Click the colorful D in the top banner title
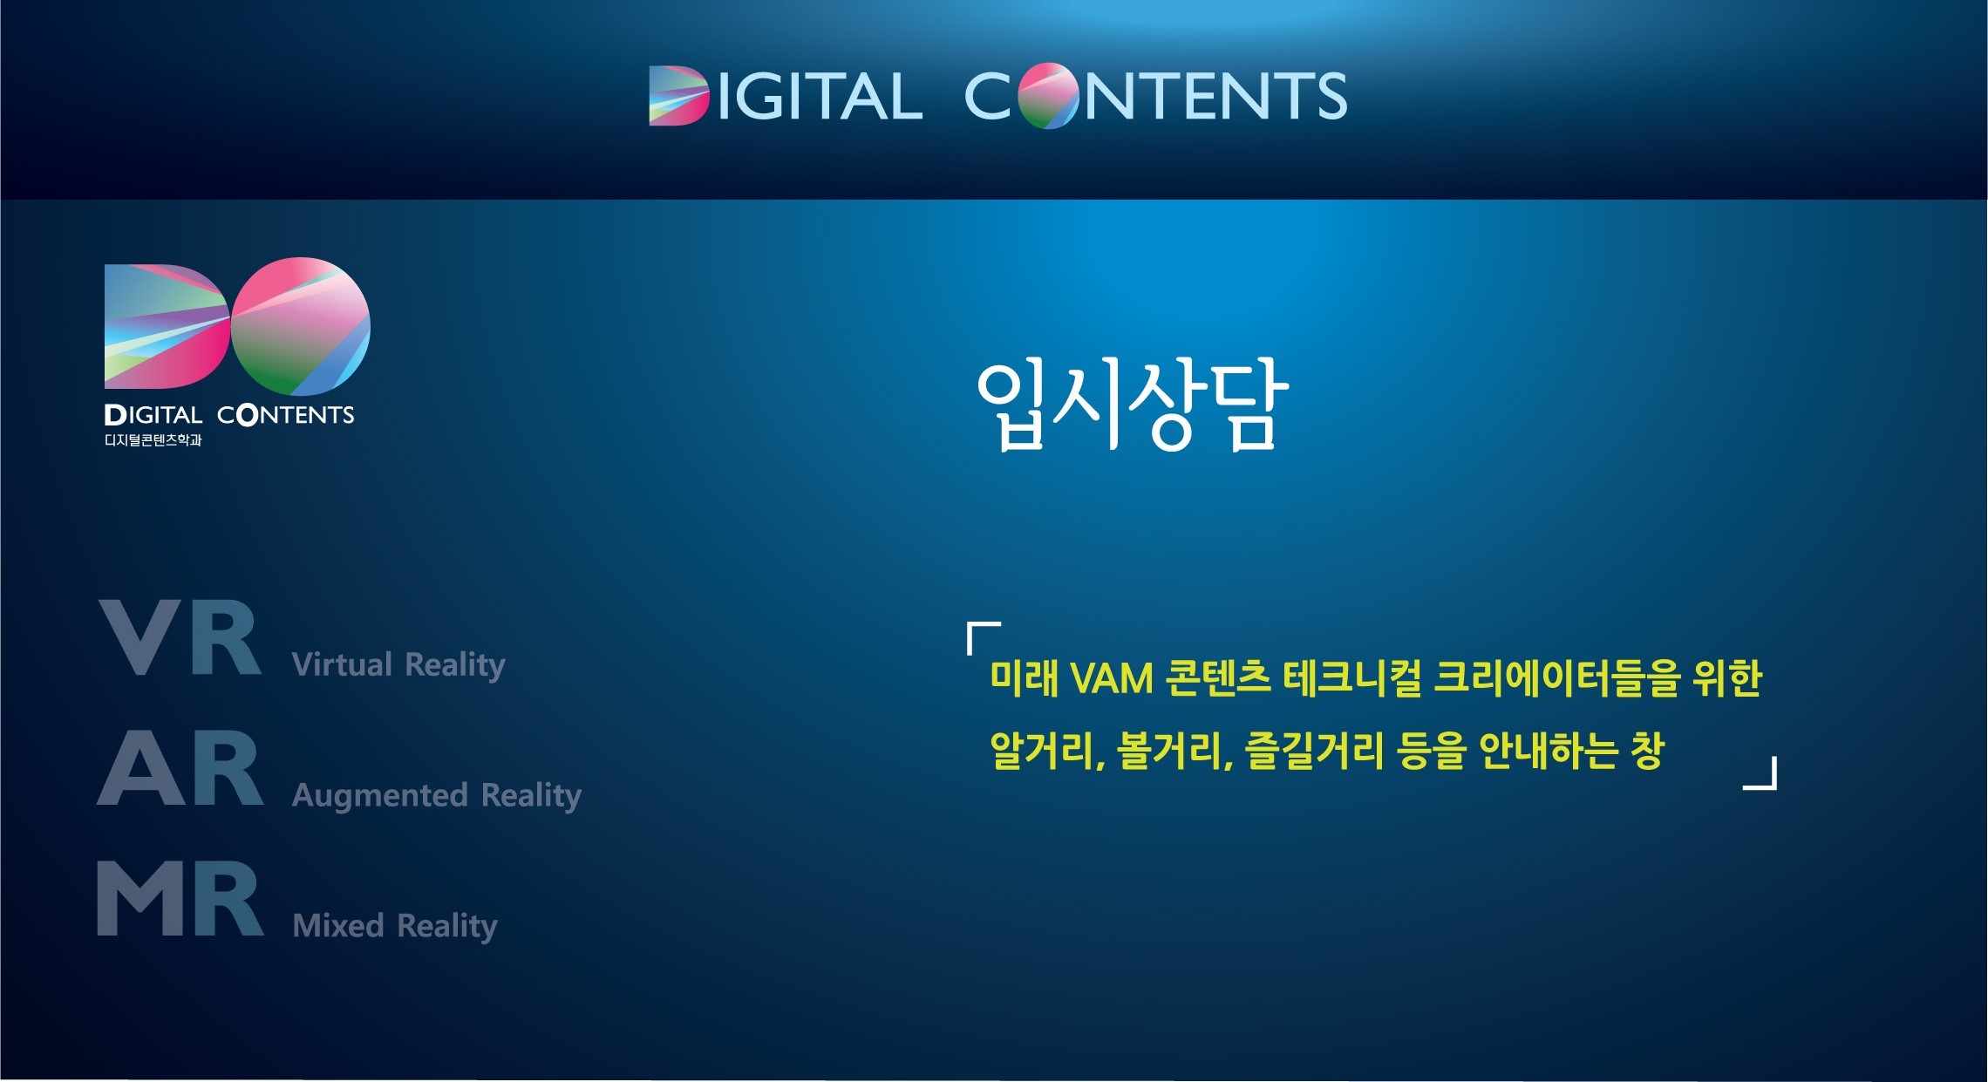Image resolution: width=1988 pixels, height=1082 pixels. pyautogui.click(x=678, y=96)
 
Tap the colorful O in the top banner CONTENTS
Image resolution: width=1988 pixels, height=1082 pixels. pyautogui.click(x=1048, y=96)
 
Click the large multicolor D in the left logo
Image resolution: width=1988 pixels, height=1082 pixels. pyautogui.click(x=167, y=326)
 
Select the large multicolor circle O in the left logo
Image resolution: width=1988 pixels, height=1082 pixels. pyautogui.click(x=301, y=326)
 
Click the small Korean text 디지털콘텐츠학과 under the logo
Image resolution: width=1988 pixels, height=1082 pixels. pyautogui.click(x=153, y=440)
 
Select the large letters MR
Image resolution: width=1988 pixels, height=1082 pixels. pyautogui.click(x=180, y=898)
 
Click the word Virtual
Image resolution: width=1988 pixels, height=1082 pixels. pyautogui.click(x=343, y=664)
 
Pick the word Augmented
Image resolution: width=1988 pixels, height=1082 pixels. pyautogui.click(x=380, y=796)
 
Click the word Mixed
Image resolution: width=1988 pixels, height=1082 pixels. pyautogui.click(x=338, y=925)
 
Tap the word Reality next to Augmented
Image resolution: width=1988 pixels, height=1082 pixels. pyautogui.click(x=531, y=796)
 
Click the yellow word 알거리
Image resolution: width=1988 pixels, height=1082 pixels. pyautogui.click(x=1047, y=751)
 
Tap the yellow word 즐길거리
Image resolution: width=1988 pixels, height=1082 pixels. pyautogui.click(x=1313, y=751)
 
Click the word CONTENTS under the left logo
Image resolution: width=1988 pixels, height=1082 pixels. pyautogui.click(x=285, y=415)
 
